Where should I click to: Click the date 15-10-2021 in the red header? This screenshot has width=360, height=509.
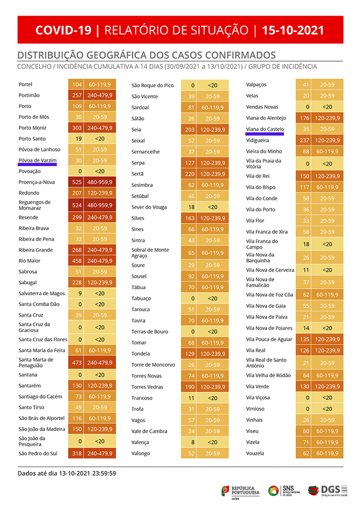pos(293,30)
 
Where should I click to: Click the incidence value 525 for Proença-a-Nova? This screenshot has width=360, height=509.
pos(76,182)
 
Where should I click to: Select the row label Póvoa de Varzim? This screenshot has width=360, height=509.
pos(37,160)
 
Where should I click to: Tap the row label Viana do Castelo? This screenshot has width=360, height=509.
pos(265,129)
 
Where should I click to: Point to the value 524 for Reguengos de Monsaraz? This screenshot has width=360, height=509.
pos(76,205)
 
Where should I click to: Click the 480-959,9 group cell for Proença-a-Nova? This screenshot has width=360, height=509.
pos(100,182)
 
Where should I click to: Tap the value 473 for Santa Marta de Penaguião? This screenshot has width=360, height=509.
pos(76,363)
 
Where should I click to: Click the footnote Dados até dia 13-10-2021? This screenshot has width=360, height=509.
pos(67,473)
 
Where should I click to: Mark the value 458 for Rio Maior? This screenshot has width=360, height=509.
pos(76,261)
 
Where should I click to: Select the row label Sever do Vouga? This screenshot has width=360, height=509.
pos(149,207)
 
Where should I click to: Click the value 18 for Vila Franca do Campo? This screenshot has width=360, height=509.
pos(306,244)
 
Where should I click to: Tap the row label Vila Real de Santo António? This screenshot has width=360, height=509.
pos(265,362)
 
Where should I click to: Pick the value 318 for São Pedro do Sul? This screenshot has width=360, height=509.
pos(76,454)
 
